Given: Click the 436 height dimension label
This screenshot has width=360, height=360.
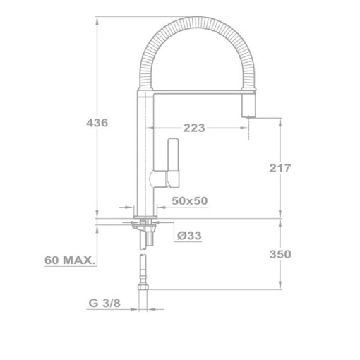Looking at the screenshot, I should click(97, 123).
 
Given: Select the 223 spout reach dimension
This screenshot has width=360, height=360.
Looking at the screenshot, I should click(194, 128).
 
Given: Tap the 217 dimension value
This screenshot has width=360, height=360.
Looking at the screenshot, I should click(280, 168).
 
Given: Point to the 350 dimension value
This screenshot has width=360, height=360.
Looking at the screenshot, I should click(280, 253).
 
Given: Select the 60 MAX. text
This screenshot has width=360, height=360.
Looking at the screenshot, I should click(70, 260).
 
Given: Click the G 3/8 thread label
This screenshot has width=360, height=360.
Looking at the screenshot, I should click(103, 304).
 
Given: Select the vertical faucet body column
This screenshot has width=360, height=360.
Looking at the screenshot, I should click(145, 155).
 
